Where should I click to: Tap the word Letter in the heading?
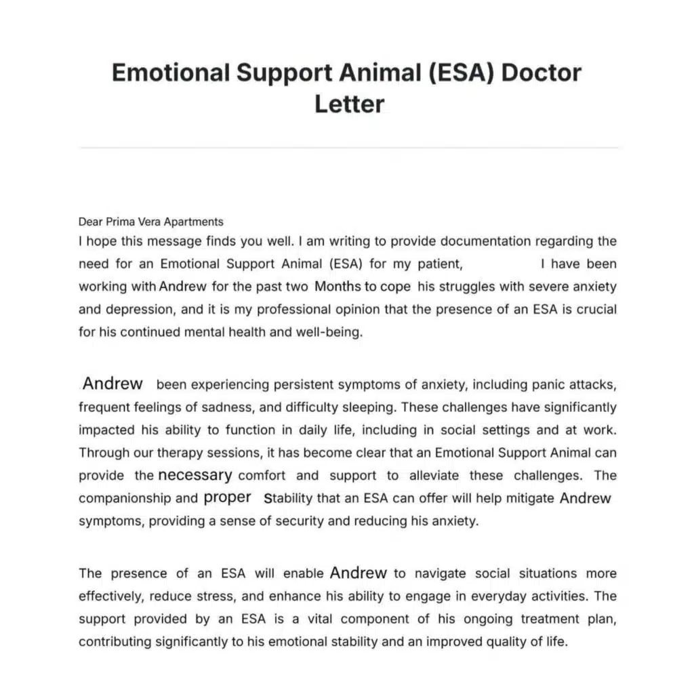tap(349, 104)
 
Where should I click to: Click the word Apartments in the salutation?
tap(196, 222)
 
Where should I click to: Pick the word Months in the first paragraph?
tap(338, 286)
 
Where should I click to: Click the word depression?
tap(138, 310)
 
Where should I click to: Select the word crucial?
tap(596, 310)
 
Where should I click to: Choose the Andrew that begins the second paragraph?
tap(113, 384)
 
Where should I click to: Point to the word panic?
tap(541, 385)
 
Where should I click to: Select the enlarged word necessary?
tap(195, 475)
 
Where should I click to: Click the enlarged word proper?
tap(227, 497)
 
